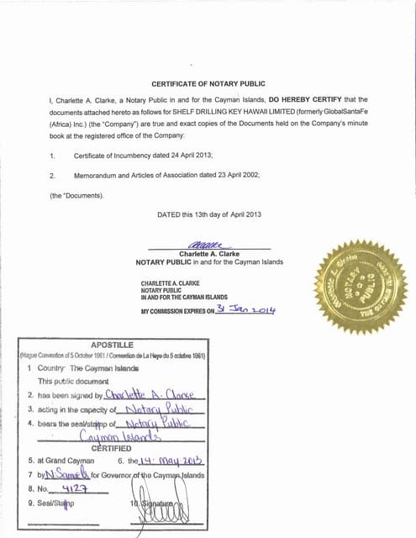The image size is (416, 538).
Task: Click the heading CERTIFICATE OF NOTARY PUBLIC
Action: (208, 84)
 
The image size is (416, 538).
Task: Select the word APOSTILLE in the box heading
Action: (112, 345)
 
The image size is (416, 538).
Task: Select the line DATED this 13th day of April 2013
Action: (209, 214)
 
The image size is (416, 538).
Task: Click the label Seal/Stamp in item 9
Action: (55, 504)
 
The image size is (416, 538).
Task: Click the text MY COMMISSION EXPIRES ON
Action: (176, 311)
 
